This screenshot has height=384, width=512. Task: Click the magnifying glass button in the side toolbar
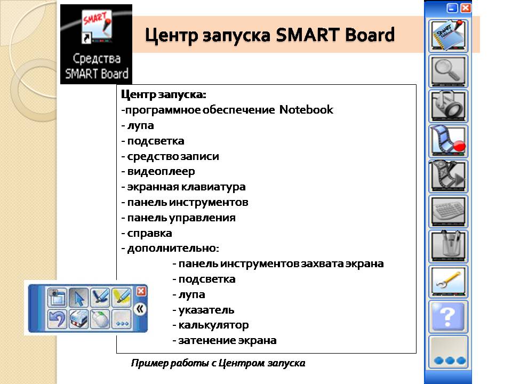click(448, 71)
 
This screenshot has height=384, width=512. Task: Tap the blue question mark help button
click(448, 317)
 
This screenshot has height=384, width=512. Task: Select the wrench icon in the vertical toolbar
click(448, 282)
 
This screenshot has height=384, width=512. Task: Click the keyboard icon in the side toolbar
click(448, 211)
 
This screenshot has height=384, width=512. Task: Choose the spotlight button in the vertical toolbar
click(448, 106)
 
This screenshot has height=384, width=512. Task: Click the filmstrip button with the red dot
click(448, 141)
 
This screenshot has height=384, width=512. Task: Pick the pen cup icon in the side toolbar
click(448, 246)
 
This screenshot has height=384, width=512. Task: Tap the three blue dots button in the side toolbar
click(448, 352)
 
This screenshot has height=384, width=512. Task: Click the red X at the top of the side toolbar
click(465, 8)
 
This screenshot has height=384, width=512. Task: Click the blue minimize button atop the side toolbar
click(452, 8)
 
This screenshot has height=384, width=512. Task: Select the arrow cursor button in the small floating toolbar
click(79, 298)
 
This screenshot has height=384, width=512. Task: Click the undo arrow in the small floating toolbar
click(58, 319)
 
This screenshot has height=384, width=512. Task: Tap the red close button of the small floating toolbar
click(141, 291)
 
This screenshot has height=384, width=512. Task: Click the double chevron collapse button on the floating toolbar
click(140, 309)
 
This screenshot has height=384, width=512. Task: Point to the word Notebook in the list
click(306, 109)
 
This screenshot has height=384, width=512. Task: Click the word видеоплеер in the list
click(161, 171)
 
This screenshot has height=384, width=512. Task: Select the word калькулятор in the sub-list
click(213, 325)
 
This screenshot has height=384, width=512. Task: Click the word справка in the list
click(149, 234)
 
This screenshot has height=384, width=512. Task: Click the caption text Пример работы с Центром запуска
click(218, 363)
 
